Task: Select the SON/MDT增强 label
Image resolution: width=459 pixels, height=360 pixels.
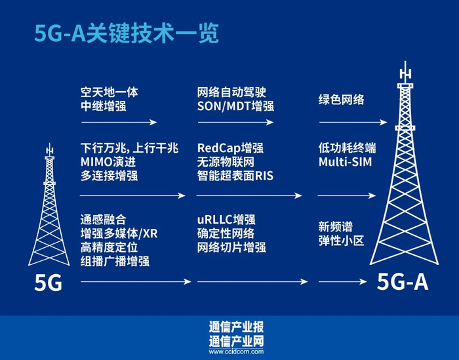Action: (x=235, y=106)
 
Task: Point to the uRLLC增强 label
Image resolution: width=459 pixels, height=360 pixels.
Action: (x=226, y=219)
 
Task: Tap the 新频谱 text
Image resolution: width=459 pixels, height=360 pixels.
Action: (x=335, y=227)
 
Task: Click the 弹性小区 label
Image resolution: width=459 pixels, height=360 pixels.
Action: (x=340, y=241)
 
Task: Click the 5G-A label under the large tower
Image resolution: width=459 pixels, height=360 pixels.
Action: (x=403, y=282)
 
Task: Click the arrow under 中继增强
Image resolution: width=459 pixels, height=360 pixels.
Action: (x=118, y=122)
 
